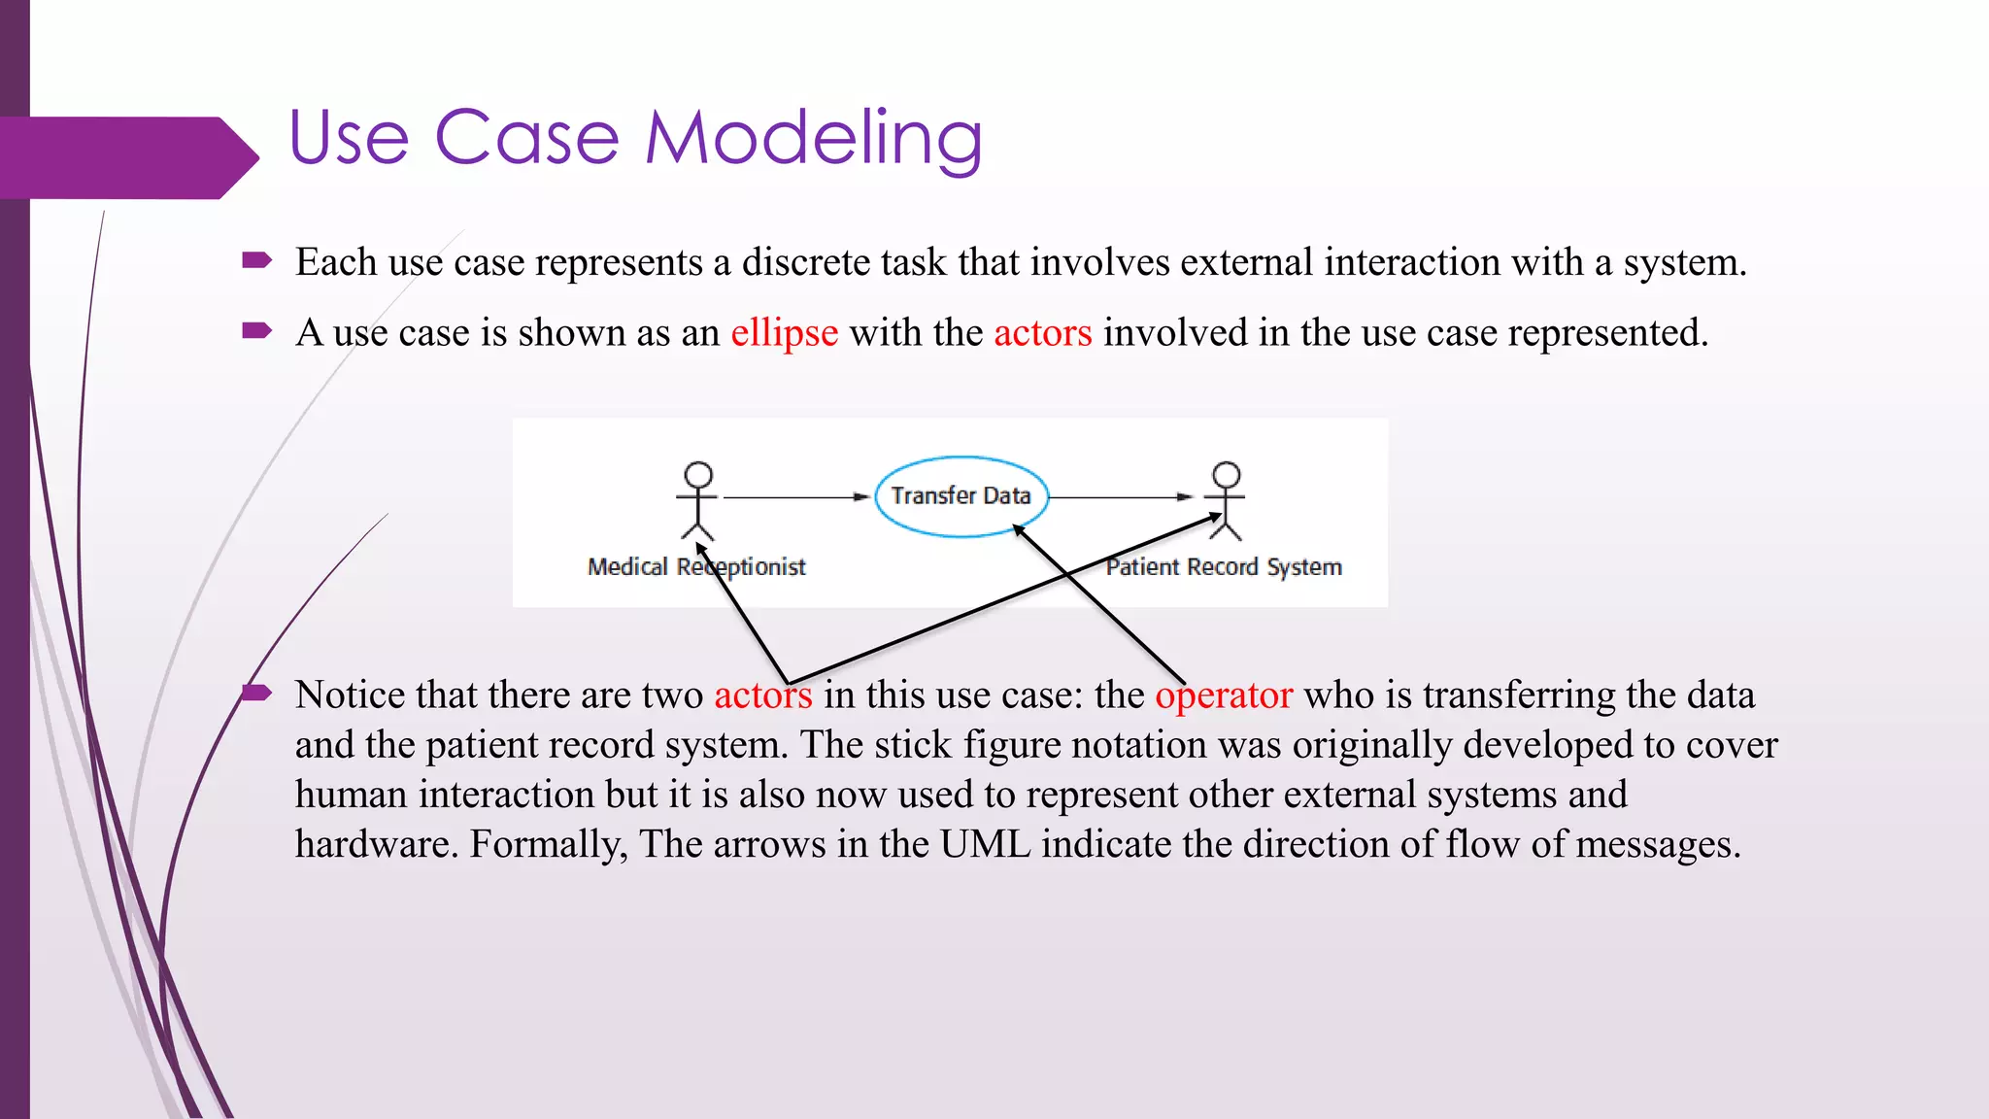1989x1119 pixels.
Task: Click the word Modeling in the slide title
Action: coord(814,138)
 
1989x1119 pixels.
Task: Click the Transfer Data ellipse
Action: coord(961,496)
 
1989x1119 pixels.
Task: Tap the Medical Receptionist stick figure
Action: coord(697,499)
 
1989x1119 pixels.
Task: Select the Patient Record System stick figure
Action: coord(1226,499)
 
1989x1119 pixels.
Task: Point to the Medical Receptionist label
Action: coord(696,567)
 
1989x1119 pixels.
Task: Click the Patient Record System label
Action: coord(1224,567)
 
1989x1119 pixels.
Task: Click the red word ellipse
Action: coord(784,333)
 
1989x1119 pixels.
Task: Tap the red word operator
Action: coord(1223,695)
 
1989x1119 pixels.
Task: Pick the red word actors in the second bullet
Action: coord(1042,333)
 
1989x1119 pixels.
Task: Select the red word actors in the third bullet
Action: coord(762,695)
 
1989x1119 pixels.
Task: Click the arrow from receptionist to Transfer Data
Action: coord(794,497)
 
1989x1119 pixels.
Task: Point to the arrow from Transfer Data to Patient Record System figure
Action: coord(1120,497)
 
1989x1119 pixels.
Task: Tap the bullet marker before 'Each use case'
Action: coord(256,259)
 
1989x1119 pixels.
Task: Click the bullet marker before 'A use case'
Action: coord(256,331)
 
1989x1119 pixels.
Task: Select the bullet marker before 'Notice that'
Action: coord(256,693)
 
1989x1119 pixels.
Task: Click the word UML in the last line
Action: coord(985,844)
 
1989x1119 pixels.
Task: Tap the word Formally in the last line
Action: coord(548,844)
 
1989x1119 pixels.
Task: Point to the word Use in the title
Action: coord(349,138)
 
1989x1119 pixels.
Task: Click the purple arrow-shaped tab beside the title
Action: coord(126,157)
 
